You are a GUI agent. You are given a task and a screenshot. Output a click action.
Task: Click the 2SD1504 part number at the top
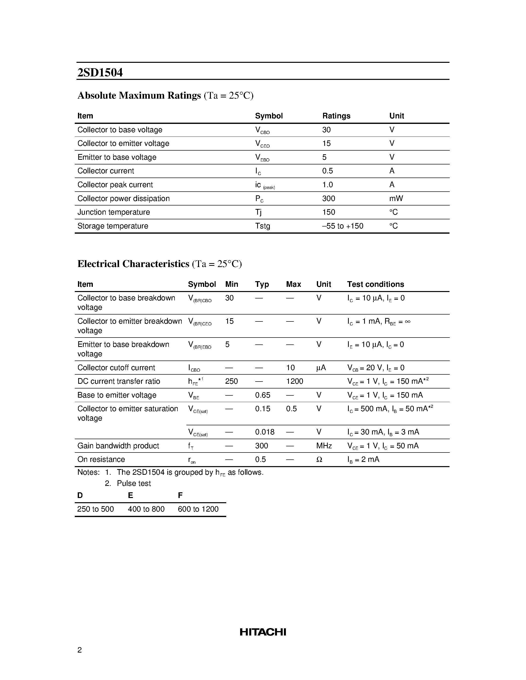coord(100,72)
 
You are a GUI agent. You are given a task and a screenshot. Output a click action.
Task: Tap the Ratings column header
coord(336,116)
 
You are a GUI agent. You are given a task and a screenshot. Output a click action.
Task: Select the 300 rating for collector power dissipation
coord(328,198)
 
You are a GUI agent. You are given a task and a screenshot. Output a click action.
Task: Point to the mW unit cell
coord(396,198)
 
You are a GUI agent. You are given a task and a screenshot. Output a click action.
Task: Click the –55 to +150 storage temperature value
coord(343,226)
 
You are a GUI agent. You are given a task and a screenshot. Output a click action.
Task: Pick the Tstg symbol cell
coord(262,226)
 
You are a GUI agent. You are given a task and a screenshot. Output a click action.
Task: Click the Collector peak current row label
coord(115,185)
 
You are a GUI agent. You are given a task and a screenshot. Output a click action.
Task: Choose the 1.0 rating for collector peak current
coord(327,185)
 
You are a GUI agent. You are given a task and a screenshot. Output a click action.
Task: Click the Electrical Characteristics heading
coord(133,264)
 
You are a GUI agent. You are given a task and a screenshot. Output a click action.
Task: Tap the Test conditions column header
coord(376,284)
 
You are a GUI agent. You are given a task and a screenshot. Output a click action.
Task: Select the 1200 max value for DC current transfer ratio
coord(295,381)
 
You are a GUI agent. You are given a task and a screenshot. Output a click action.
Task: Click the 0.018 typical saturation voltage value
coord(265,432)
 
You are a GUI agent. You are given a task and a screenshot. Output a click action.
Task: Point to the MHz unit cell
coord(324,446)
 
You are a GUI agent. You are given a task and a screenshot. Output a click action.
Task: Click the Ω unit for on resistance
coord(319,459)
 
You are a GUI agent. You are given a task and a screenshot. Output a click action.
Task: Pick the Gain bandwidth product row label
coord(118,446)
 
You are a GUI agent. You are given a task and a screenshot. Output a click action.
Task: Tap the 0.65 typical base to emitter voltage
coord(262,395)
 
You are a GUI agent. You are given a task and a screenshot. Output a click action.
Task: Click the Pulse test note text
coord(134,483)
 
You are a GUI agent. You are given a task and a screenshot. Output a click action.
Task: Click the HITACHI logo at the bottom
coord(263,632)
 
